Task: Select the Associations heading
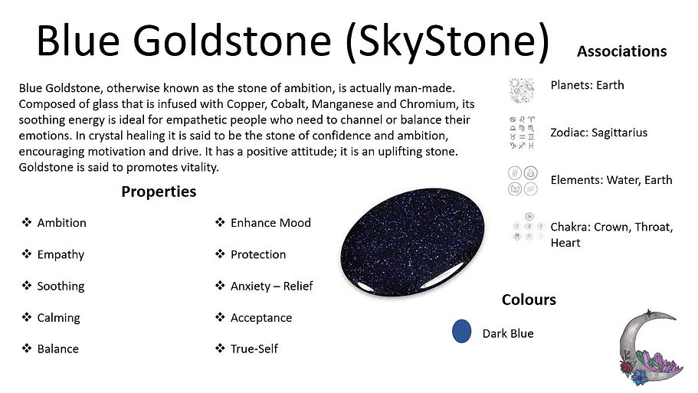pos(621,51)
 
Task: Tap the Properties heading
pos(159,192)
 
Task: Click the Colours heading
pos(529,299)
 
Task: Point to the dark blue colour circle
pos(462,332)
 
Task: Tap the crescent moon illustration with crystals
pos(649,349)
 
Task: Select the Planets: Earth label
pos(587,85)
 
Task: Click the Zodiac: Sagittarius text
pos(598,133)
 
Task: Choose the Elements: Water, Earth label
pos(611,180)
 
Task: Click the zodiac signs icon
pos(523,132)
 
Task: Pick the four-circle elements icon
pos(523,180)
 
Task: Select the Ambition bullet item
pos(61,223)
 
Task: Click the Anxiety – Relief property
pos(271,287)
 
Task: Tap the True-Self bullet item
pos(254,349)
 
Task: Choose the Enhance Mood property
pos(270,223)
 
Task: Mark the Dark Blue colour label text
pos(507,333)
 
